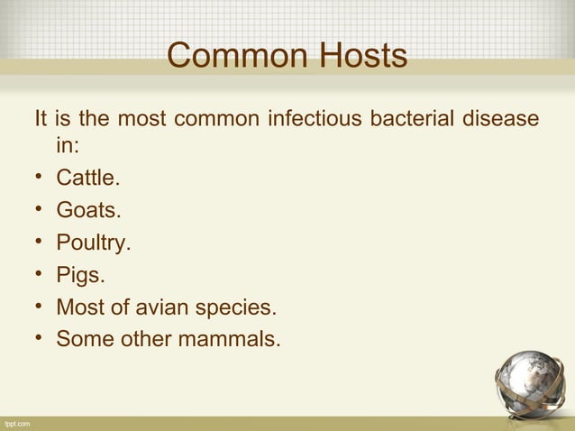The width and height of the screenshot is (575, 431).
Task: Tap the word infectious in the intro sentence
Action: coord(312,119)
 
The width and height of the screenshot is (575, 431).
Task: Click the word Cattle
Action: coord(87,178)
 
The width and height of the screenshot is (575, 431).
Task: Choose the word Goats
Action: coord(87,210)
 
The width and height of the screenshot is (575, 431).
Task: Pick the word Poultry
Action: coord(93,243)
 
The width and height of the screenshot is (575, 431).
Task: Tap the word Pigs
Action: coord(80,275)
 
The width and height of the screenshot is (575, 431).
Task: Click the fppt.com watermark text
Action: coord(17,424)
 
